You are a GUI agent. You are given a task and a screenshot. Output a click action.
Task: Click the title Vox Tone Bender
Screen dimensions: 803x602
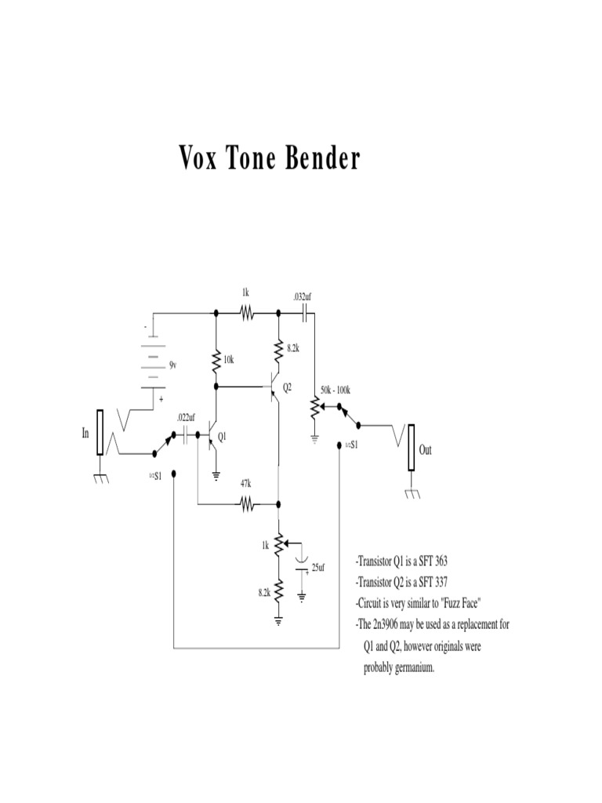point(270,160)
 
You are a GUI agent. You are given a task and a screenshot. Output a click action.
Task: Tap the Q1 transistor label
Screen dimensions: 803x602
point(223,438)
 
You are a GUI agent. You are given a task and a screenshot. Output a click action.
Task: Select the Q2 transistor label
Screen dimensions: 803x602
point(287,387)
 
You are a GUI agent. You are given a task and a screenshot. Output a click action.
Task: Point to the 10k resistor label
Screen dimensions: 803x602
point(229,360)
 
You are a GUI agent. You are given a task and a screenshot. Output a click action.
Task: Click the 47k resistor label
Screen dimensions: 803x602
point(245,484)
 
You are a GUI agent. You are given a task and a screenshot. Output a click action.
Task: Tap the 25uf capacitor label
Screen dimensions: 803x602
point(318,566)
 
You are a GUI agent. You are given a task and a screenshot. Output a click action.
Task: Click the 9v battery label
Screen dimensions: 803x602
point(173,365)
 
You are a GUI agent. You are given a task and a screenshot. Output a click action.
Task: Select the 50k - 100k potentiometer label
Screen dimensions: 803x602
point(335,390)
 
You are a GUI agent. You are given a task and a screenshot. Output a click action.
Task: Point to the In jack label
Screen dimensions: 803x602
point(85,433)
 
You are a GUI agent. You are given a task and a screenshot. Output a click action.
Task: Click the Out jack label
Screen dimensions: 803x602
point(426,450)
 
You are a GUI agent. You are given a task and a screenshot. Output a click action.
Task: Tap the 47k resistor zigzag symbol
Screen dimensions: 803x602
point(247,505)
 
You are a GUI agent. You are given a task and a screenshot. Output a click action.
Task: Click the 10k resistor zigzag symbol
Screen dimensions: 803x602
point(216,361)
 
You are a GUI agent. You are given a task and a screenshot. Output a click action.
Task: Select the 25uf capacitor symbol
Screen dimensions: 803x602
point(302,565)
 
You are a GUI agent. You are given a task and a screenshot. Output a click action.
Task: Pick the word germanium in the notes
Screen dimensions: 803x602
point(409,667)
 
